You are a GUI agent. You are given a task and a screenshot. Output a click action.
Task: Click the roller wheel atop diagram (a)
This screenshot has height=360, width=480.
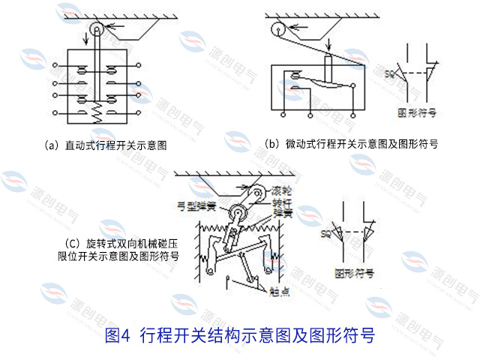tap(96, 30)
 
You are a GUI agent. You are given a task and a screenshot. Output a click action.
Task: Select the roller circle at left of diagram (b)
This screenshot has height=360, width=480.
tap(277, 31)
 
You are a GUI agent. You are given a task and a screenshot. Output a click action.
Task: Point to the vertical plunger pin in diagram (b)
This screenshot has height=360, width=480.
tap(327, 64)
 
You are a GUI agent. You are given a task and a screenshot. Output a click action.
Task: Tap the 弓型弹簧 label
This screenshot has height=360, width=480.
tap(196, 204)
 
